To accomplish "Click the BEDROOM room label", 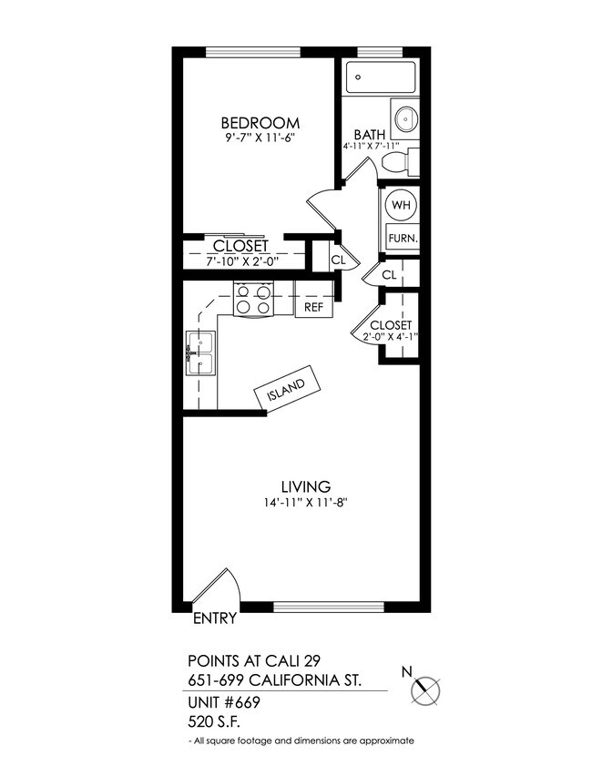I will pos(260,123).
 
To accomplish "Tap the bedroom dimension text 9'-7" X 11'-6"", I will pos(260,138).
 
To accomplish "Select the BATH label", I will pos(370,135).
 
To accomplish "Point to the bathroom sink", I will pos(405,118).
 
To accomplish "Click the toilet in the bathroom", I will pos(400,162).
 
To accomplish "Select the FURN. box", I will pos(402,239).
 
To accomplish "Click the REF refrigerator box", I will pos(313,307).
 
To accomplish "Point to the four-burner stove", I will pos(255,299).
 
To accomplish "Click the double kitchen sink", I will pos(200,353).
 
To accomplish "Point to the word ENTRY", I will pos(216,618).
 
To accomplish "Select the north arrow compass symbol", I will pos(424,690).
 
